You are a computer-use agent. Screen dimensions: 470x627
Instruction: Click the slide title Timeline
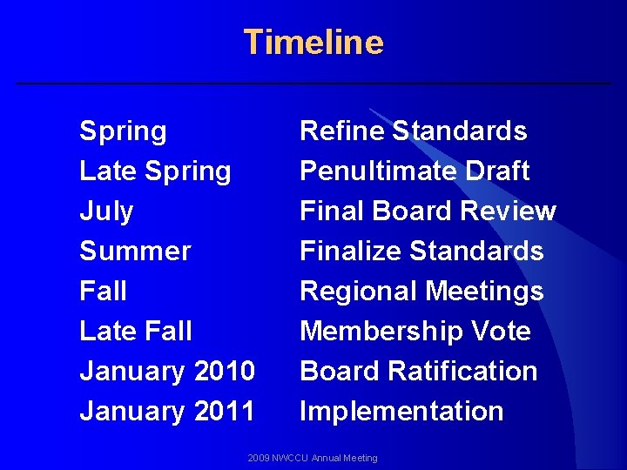click(x=313, y=42)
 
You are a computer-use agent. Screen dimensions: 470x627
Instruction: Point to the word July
click(x=106, y=211)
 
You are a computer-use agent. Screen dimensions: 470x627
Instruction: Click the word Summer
click(x=135, y=252)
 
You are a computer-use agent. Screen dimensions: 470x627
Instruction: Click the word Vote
click(x=501, y=332)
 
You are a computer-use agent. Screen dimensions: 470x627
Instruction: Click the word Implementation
click(x=401, y=412)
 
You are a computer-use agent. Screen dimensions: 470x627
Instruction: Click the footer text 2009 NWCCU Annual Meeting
click(x=313, y=458)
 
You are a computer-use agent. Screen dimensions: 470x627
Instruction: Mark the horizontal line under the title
click(x=313, y=84)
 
